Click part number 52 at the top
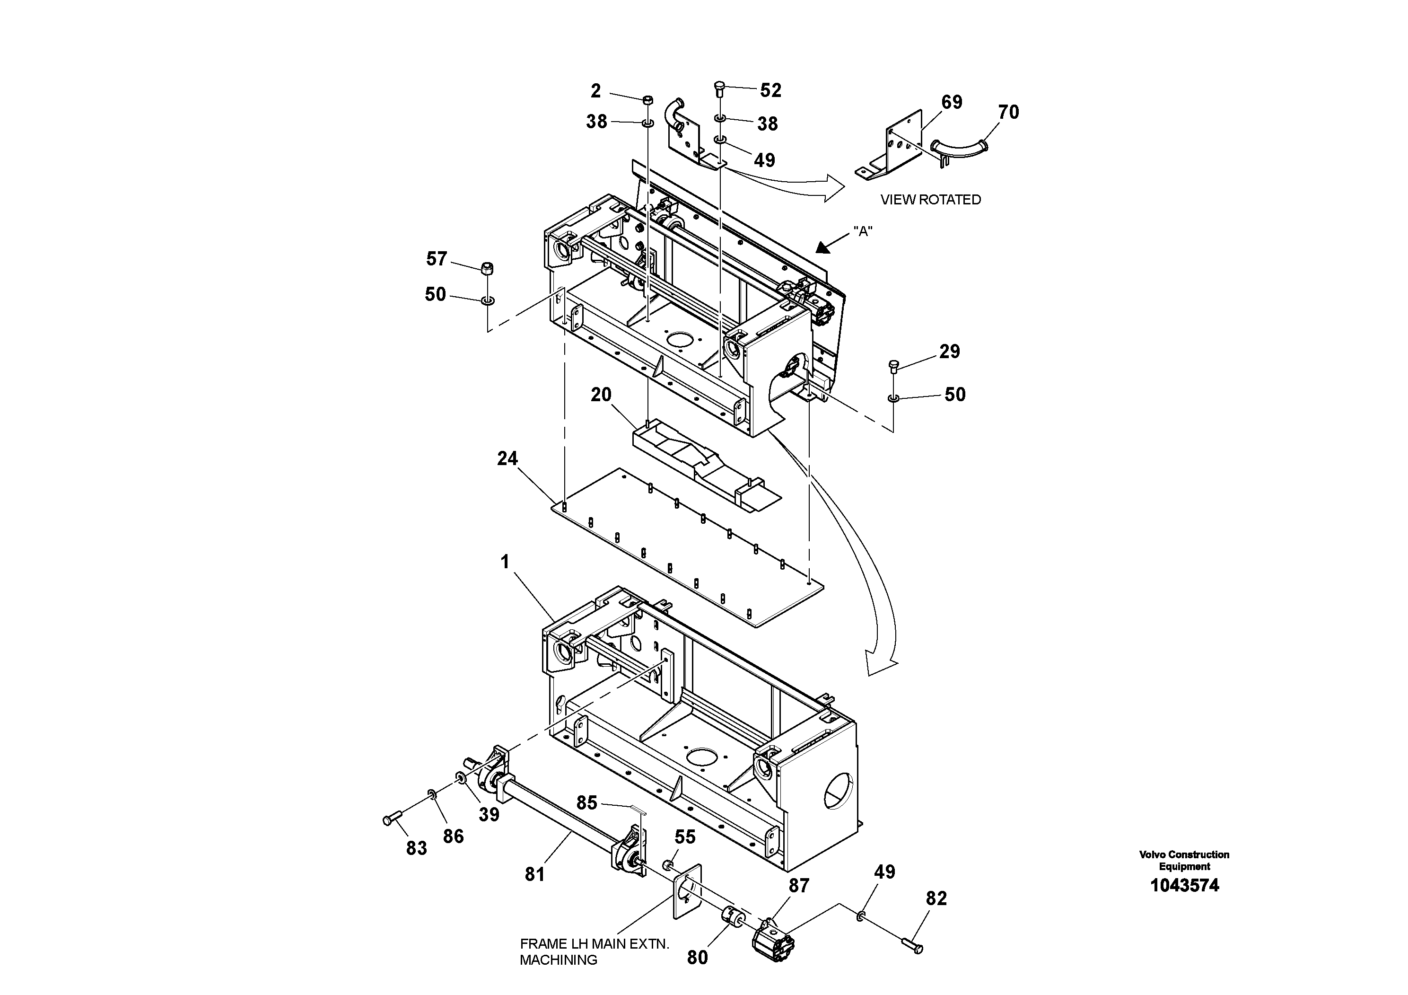pyautogui.click(x=770, y=90)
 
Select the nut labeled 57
pyautogui.click(x=488, y=268)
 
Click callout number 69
pyautogui.click(x=952, y=102)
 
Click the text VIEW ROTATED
pyautogui.click(x=930, y=199)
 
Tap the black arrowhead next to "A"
pyautogui.click(x=823, y=247)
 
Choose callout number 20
pyautogui.click(x=601, y=395)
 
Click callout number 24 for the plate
pyautogui.click(x=507, y=458)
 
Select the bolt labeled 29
pyautogui.click(x=893, y=368)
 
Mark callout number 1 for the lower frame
pyautogui.click(x=505, y=562)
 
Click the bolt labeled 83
pyautogui.click(x=391, y=819)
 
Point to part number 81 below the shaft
pyautogui.click(x=535, y=874)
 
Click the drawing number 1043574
pyautogui.click(x=1184, y=885)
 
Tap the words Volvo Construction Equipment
pyautogui.click(x=1184, y=860)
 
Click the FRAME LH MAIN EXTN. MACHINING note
pyautogui.click(x=594, y=951)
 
